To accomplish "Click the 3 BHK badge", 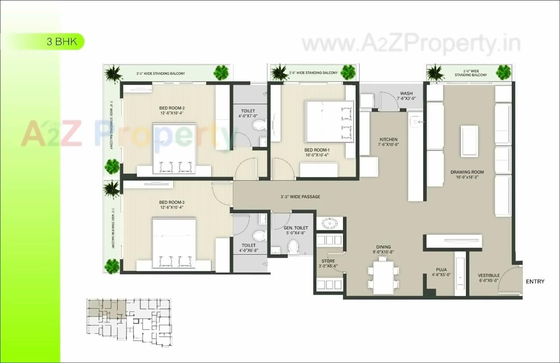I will tap(62, 42).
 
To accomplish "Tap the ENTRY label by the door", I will tap(535, 281).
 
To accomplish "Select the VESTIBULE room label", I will tap(488, 276).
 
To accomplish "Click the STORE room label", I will tap(328, 261).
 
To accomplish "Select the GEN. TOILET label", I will tap(296, 228).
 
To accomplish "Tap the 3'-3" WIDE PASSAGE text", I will tap(300, 197).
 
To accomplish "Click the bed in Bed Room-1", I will tap(329, 121).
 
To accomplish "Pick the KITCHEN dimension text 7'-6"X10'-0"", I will tap(389, 145).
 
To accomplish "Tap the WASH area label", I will tap(406, 93).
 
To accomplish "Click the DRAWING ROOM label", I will tap(468, 172).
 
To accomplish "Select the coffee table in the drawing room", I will tap(469, 140).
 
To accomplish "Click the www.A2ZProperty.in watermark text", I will tap(411, 44).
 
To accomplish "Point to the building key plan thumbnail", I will tap(129, 323).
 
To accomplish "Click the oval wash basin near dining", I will tap(329, 224).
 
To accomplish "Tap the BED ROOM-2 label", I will tap(172, 108).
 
